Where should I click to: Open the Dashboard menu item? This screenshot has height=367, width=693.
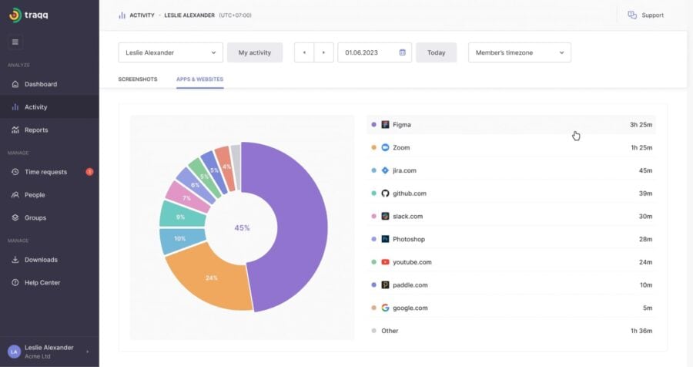click(x=40, y=84)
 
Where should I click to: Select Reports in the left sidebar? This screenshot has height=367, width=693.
click(x=35, y=130)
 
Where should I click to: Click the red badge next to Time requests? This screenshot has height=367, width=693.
click(x=89, y=172)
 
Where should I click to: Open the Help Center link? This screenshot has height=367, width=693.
click(x=42, y=283)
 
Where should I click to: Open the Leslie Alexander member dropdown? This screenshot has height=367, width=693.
click(x=170, y=52)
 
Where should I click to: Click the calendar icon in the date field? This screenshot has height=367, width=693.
click(x=402, y=52)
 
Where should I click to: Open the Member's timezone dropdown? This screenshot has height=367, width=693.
click(x=519, y=52)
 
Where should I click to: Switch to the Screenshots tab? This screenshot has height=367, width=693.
click(x=138, y=79)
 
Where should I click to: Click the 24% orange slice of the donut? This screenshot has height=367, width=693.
click(x=208, y=278)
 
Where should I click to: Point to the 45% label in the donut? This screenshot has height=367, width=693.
click(x=242, y=227)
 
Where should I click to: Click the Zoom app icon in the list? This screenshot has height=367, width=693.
click(x=385, y=147)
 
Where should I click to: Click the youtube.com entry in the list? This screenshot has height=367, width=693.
click(x=412, y=262)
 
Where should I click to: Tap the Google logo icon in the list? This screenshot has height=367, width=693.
click(x=385, y=308)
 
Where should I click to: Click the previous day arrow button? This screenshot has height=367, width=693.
click(x=304, y=52)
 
